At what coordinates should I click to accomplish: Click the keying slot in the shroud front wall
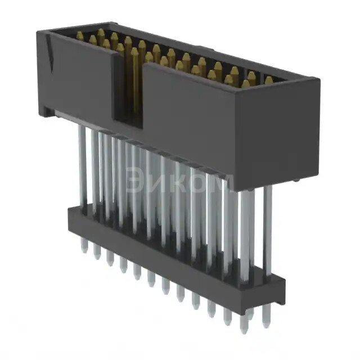(x=130, y=90)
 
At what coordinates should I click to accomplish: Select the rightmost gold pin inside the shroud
(x=269, y=80)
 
